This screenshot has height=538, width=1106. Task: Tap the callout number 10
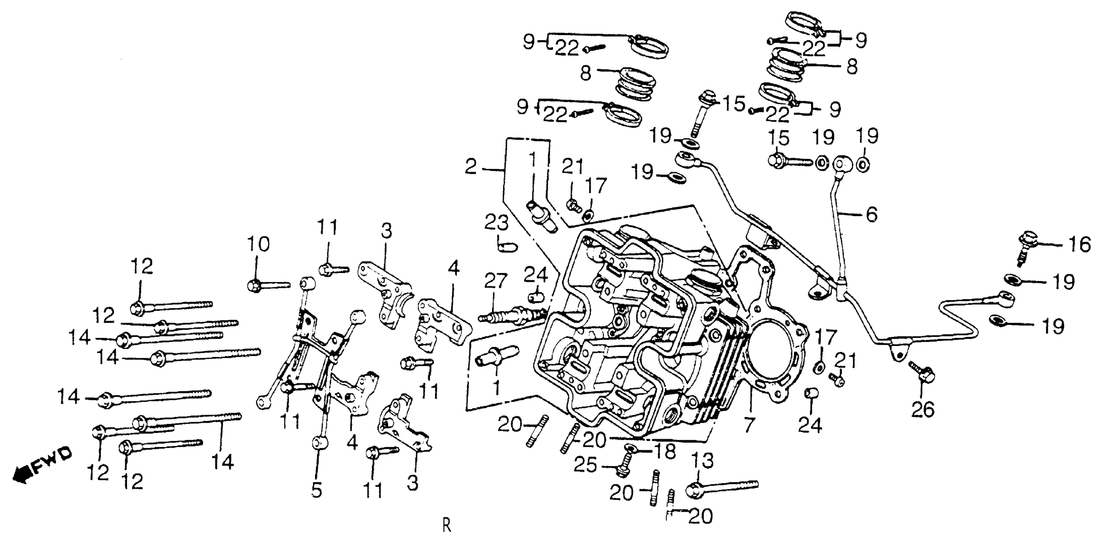[x=259, y=245]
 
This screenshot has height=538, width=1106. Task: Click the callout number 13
[x=702, y=461]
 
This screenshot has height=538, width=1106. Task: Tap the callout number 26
[x=923, y=410]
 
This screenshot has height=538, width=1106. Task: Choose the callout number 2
[x=471, y=167]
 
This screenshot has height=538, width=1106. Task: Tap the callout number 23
[x=496, y=223]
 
